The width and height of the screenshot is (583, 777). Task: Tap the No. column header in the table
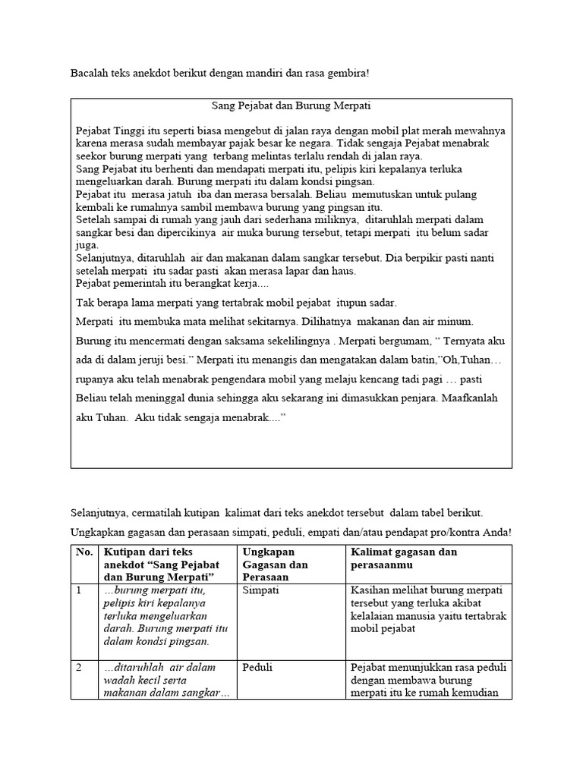coord(84,552)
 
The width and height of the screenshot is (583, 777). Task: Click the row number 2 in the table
coord(78,668)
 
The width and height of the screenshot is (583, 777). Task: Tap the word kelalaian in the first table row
coord(374,616)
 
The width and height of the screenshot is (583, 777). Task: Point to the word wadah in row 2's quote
coord(119,681)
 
